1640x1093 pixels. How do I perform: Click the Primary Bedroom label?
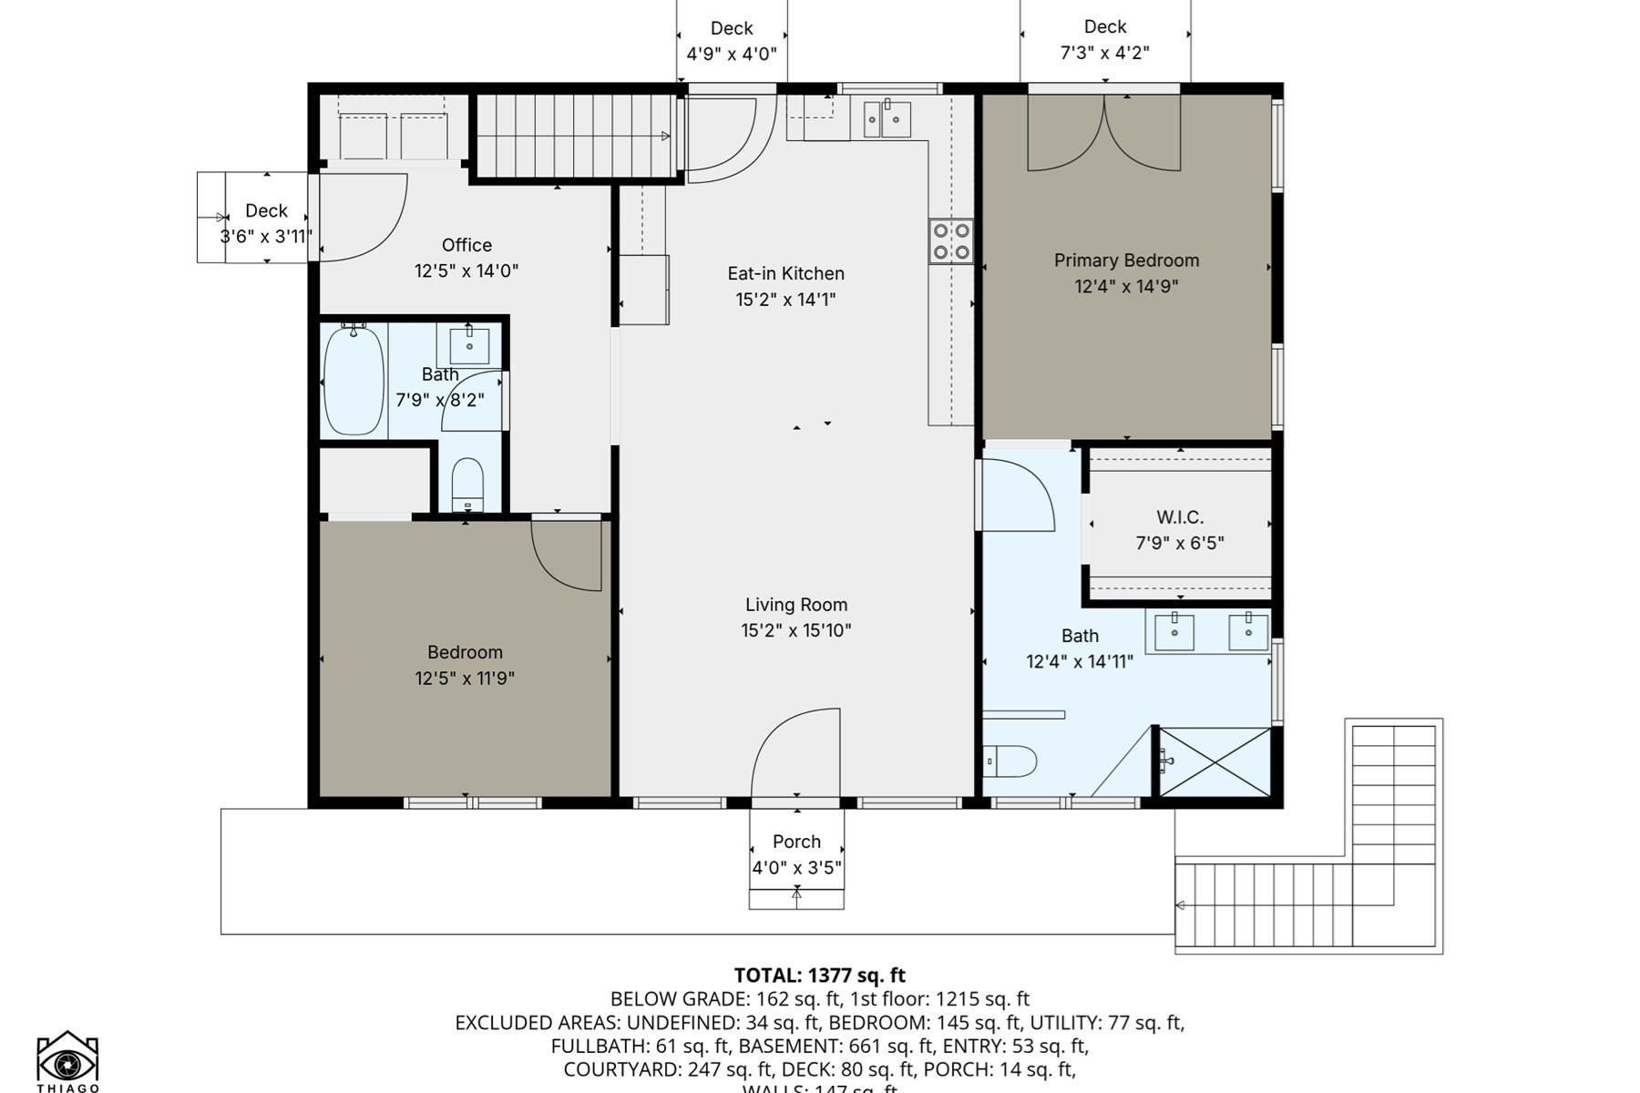tap(1126, 260)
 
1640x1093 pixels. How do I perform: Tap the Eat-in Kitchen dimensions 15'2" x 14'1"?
tap(785, 300)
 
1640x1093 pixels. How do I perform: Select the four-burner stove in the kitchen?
tap(950, 241)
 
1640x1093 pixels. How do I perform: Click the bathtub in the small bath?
tap(354, 380)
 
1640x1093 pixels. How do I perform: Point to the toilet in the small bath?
tap(467, 484)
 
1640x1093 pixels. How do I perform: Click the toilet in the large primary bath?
tap(1011, 761)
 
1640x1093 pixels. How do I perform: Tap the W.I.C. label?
tap(1180, 517)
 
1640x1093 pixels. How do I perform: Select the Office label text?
tap(466, 245)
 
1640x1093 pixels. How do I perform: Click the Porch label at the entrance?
tap(796, 842)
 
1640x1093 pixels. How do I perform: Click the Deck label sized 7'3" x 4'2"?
tap(1104, 27)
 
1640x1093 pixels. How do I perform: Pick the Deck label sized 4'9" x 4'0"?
tap(732, 29)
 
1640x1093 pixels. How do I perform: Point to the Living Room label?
tap(796, 605)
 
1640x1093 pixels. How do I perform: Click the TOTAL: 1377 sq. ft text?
tap(819, 976)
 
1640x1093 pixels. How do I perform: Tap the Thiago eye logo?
tap(67, 1059)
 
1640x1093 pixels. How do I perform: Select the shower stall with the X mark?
tap(1214, 761)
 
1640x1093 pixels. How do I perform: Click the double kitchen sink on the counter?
tap(887, 119)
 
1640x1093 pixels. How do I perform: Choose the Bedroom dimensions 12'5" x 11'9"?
tap(465, 679)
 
